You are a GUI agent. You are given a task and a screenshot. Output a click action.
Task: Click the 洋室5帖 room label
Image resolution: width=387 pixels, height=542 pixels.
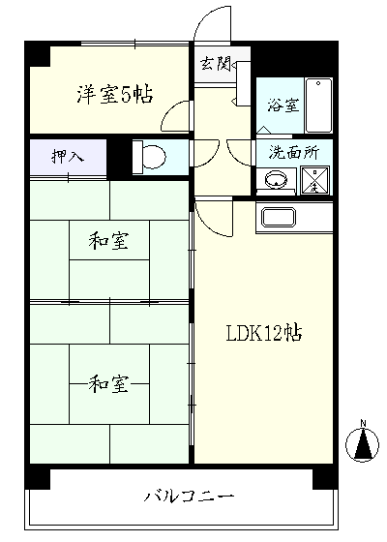pyautogui.click(x=113, y=94)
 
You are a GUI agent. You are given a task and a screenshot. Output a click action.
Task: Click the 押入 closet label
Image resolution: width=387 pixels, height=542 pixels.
pyautogui.click(x=67, y=156)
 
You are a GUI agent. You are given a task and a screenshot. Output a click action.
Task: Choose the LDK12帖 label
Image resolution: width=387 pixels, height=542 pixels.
pyautogui.click(x=263, y=333)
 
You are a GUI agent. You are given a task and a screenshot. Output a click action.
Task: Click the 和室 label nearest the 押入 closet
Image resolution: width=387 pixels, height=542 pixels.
pyautogui.click(x=108, y=238)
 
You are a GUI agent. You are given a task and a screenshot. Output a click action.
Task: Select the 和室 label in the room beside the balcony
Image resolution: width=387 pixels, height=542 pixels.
pyautogui.click(x=108, y=384)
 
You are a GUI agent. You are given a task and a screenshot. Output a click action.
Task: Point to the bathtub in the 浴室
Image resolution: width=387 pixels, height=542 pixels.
pyautogui.click(x=318, y=105)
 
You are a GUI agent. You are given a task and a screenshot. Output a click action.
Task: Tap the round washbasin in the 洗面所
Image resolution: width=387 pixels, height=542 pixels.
pyautogui.click(x=277, y=179)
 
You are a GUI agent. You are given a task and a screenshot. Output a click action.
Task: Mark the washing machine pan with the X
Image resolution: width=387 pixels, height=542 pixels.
pyautogui.click(x=315, y=179)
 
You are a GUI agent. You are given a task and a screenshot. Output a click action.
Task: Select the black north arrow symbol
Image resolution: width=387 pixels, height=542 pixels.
pyautogui.click(x=363, y=445)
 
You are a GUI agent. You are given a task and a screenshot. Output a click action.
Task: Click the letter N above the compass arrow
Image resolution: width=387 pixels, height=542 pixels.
pyautogui.click(x=363, y=423)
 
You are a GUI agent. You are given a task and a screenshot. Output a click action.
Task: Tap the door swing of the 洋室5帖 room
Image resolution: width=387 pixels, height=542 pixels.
pyautogui.click(x=176, y=118)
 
